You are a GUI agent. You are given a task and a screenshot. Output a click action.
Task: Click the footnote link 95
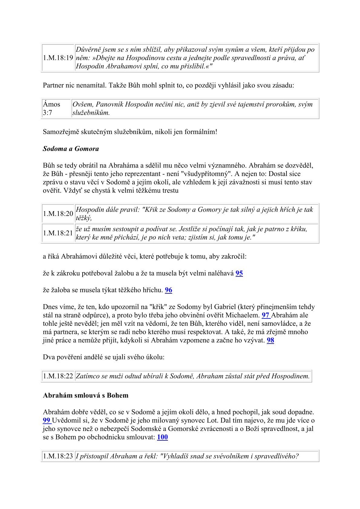tap(239, 273)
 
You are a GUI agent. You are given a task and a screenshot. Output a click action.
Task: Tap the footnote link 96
tap(169, 290)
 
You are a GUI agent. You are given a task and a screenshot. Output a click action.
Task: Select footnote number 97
tap(265, 315)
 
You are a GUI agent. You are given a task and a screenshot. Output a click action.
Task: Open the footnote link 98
tap(270, 341)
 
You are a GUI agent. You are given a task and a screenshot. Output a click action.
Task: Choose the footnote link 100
tap(162, 437)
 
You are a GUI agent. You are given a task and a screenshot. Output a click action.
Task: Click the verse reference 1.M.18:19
tap(58, 58)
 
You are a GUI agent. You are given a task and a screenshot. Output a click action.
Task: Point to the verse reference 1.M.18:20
tap(58, 214)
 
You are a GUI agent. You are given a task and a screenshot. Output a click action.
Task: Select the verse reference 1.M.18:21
tap(58, 233)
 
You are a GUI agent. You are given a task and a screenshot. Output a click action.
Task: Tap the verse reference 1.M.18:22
tap(58, 376)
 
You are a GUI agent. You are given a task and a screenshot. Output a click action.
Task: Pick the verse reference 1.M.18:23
tap(58, 456)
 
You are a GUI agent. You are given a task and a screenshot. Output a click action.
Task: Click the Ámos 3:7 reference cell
tap(52, 109)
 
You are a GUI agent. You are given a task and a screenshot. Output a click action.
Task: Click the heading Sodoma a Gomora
tap(71, 149)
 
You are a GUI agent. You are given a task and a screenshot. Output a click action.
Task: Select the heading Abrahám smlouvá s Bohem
tap(86, 396)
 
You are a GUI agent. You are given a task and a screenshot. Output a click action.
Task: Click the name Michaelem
tap(244, 315)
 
